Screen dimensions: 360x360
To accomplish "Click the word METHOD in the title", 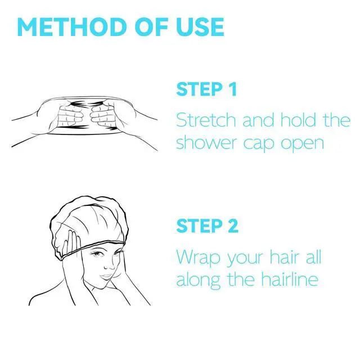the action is tap(73, 27).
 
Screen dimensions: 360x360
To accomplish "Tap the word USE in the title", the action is tap(200, 27).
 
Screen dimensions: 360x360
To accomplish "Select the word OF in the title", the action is tap(152, 27).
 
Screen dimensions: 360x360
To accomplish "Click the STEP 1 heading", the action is tap(206, 89).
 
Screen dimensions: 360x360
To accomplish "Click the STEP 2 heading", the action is tap(208, 226).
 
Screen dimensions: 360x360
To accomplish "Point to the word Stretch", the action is tap(206, 120).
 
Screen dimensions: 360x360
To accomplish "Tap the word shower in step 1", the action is tap(206, 143).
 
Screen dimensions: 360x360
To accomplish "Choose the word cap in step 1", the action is tap(259, 145).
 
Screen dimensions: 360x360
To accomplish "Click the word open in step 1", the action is tap(303, 145).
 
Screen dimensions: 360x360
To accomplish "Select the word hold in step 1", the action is tap(298, 120).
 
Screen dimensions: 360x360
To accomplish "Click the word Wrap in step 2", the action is tap(199, 258).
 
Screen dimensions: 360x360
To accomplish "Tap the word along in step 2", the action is tap(198, 281).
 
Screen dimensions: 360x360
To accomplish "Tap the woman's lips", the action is tap(107, 276).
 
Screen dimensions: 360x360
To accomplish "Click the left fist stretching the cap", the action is tap(70, 115).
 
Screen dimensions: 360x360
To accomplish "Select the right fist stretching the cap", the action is tap(102, 115).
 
